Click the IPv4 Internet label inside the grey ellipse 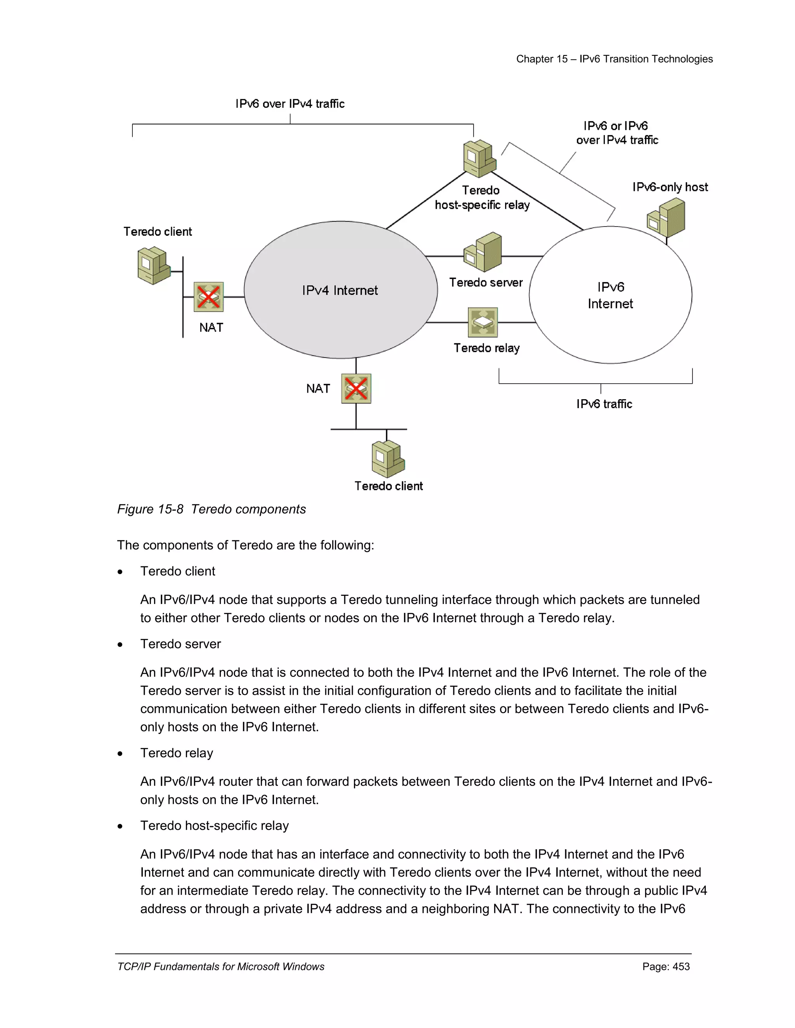coord(340,291)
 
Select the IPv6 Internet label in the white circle coord(610,295)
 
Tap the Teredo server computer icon coord(483,252)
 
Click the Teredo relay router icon coord(483,322)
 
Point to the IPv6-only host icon coord(666,218)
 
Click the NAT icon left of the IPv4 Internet coord(208,297)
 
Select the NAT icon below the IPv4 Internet coord(356,388)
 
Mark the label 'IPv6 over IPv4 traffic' coord(290,104)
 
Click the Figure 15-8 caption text coord(212,509)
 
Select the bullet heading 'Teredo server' coord(181,644)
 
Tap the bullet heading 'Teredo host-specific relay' coord(214,826)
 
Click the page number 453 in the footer coord(666,967)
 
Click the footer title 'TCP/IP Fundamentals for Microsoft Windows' coord(221,967)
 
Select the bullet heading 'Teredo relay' coord(177,753)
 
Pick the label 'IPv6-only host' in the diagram coord(670,187)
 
